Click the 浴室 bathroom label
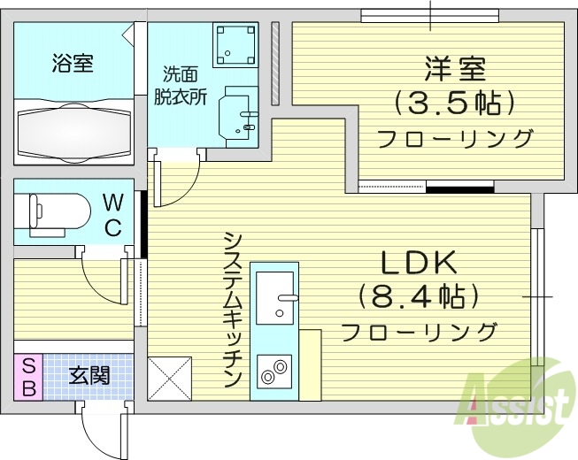tap(73, 63)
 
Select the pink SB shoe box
tap(27, 377)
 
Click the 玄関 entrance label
tap(89, 376)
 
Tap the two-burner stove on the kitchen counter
tap(275, 370)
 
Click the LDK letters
tap(419, 263)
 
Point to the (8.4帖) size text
tap(419, 296)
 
